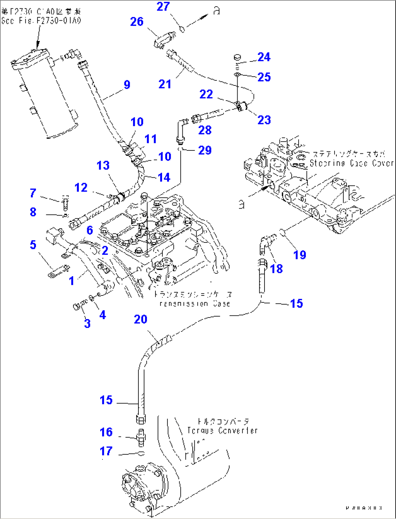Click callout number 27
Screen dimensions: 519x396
(x=163, y=7)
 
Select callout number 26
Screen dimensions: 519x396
(x=137, y=22)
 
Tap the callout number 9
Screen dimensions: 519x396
(x=127, y=85)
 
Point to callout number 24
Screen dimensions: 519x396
(x=264, y=57)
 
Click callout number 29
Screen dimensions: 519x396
(x=205, y=150)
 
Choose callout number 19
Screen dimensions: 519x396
(x=300, y=255)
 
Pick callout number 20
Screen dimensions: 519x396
(x=141, y=319)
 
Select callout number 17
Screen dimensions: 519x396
(x=106, y=451)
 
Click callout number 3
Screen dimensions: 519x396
(x=87, y=323)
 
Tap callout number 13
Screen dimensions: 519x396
(x=103, y=165)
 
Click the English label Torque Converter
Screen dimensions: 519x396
(x=222, y=431)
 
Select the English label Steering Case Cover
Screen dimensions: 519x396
(x=351, y=163)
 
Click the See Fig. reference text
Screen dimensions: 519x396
(x=41, y=21)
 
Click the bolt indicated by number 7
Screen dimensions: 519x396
(x=65, y=202)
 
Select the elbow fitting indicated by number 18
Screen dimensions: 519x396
(x=265, y=243)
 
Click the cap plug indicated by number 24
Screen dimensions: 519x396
(x=237, y=57)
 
